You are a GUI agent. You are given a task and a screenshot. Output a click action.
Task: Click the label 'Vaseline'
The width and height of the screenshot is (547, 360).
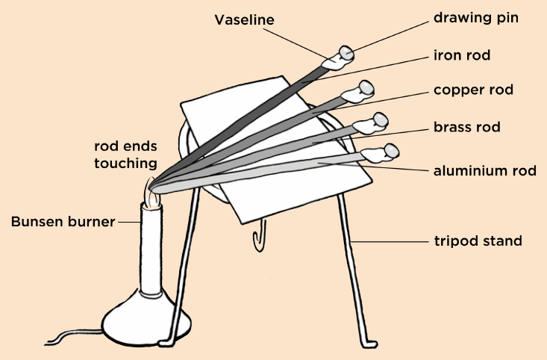tap(244, 20)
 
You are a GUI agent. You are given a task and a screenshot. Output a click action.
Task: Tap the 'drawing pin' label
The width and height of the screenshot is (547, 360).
tap(476, 18)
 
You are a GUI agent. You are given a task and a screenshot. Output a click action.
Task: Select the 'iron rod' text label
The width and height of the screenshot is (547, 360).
tap(462, 55)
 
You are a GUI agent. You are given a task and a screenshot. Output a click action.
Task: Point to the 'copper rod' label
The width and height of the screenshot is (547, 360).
tap(473, 90)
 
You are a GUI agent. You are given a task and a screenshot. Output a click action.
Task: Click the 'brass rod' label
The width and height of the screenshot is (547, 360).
tap(466, 127)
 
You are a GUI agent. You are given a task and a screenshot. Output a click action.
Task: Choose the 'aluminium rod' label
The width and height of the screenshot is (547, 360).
tap(485, 171)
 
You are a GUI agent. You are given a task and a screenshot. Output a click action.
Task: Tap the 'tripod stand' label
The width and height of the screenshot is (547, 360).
tap(478, 241)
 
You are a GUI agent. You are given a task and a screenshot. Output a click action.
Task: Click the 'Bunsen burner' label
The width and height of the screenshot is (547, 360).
tap(63, 222)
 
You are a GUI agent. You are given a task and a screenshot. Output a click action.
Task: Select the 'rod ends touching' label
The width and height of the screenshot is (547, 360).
tap(125, 155)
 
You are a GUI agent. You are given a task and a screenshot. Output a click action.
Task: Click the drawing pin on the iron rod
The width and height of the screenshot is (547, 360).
tap(347, 54)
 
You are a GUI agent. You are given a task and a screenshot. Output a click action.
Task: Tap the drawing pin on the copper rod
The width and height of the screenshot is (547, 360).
tap(366, 87)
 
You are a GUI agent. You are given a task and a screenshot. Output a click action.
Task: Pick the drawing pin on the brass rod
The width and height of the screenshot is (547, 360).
tap(381, 120)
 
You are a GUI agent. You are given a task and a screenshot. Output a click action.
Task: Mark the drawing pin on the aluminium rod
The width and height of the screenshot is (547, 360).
tap(392, 151)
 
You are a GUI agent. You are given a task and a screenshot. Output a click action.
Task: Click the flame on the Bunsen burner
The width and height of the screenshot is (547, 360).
tap(152, 193)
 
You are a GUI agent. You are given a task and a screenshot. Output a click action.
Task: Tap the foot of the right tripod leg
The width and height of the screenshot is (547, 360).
tap(369, 344)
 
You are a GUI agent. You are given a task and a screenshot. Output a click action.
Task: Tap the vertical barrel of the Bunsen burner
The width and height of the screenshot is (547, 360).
tap(151, 249)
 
